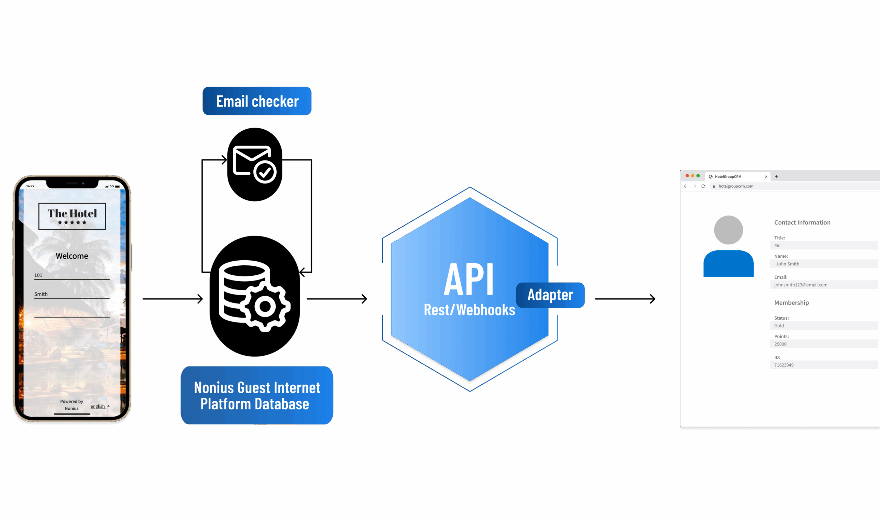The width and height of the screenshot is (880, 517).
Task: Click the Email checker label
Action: click(257, 101)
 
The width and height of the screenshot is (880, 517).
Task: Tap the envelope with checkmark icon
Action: click(255, 164)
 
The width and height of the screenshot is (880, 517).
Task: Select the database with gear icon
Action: click(255, 296)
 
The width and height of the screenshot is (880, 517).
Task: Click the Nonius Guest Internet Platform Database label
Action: click(257, 395)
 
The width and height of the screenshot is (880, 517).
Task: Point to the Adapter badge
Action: click(550, 295)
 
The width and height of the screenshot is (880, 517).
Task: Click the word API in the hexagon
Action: click(469, 279)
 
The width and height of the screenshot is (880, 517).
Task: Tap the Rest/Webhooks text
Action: click(469, 310)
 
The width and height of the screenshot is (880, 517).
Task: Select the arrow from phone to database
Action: click(173, 299)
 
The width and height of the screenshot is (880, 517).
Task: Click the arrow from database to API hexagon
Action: click(337, 299)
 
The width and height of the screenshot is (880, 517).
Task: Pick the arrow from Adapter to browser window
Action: click(625, 299)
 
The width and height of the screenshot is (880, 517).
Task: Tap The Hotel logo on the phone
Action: click(72, 216)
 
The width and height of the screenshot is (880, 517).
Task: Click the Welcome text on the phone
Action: click(72, 256)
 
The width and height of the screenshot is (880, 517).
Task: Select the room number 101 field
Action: click(71, 276)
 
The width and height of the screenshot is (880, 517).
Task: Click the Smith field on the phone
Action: click(71, 294)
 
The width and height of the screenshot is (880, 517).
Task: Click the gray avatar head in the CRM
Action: click(728, 230)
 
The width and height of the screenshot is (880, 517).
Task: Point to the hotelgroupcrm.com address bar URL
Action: click(736, 186)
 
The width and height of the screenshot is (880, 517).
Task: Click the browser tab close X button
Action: click(766, 177)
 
